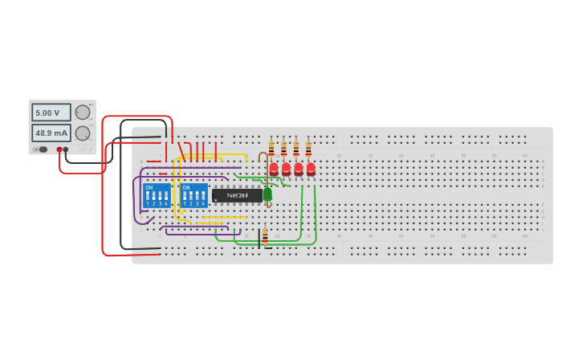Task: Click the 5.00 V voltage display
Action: click(x=51, y=113)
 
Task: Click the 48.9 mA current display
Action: click(x=51, y=133)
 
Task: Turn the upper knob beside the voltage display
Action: click(x=83, y=112)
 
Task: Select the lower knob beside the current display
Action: click(x=83, y=133)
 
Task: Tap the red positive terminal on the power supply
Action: click(x=59, y=149)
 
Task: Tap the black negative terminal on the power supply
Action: click(x=66, y=149)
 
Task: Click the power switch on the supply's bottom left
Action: click(x=42, y=149)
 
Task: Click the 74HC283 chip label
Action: click(x=237, y=195)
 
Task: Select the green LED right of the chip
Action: click(x=267, y=194)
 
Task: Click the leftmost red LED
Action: click(x=274, y=169)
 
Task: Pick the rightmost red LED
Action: click(x=311, y=169)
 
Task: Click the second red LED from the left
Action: click(x=286, y=169)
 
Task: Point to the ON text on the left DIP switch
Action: click(x=149, y=187)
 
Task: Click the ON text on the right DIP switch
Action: click(x=185, y=187)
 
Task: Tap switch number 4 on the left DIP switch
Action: click(x=166, y=196)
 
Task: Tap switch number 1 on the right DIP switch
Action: click(x=185, y=196)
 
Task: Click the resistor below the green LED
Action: click(x=265, y=235)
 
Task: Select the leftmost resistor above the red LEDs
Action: click(x=271, y=149)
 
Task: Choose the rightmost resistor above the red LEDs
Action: click(x=308, y=149)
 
